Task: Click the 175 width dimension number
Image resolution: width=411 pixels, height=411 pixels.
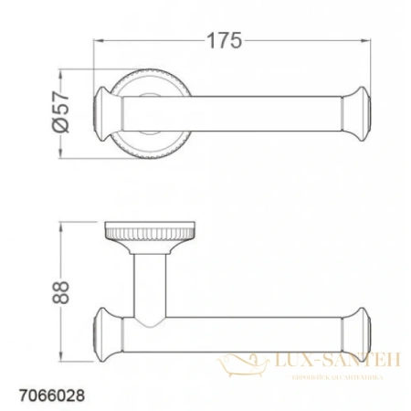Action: coord(221,40)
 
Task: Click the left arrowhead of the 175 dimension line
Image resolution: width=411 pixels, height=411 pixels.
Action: coord(100,40)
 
